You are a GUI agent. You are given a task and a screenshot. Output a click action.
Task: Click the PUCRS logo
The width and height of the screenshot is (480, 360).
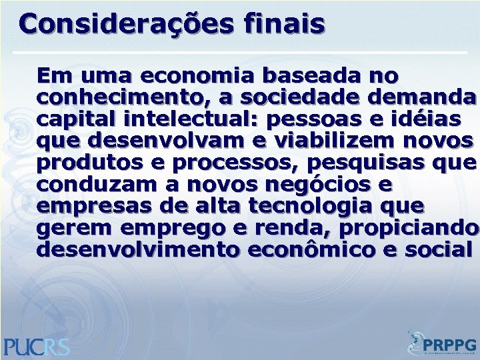click(x=37, y=347)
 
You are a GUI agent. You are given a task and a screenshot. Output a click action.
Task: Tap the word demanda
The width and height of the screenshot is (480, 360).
click(x=419, y=97)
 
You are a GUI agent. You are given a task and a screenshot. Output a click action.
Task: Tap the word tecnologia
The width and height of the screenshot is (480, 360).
click(x=331, y=207)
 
